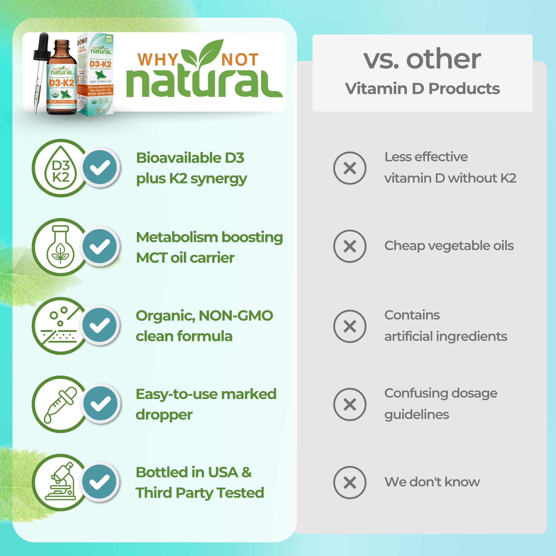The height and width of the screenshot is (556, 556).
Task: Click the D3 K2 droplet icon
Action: pyautogui.click(x=61, y=168)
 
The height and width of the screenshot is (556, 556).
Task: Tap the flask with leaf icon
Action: pyautogui.click(x=60, y=247)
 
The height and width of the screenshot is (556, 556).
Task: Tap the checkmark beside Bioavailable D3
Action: pyautogui.click(x=100, y=167)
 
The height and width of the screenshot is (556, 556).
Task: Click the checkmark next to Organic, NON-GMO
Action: pyautogui.click(x=100, y=325)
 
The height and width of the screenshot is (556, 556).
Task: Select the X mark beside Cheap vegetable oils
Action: pyautogui.click(x=350, y=246)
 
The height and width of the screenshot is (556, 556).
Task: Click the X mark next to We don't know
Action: pyautogui.click(x=350, y=483)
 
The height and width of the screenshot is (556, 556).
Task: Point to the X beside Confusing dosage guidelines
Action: pyautogui.click(x=350, y=404)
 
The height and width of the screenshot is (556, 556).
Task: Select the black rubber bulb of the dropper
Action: pyautogui.click(x=43, y=46)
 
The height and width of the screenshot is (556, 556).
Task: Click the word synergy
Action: pyautogui.click(x=219, y=179)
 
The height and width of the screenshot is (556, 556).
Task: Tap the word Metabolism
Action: pyautogui.click(x=177, y=237)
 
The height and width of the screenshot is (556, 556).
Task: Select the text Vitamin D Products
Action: pyautogui.click(x=422, y=88)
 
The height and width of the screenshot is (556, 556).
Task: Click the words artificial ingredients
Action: pyautogui.click(x=445, y=336)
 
